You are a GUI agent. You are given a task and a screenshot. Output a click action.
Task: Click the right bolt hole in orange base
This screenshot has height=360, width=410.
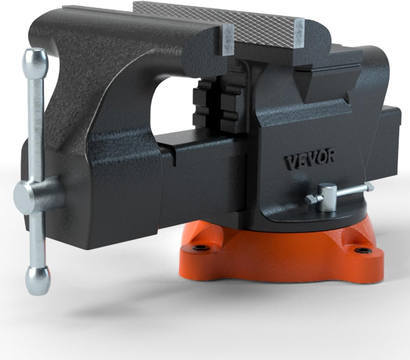[x=363, y=250]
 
